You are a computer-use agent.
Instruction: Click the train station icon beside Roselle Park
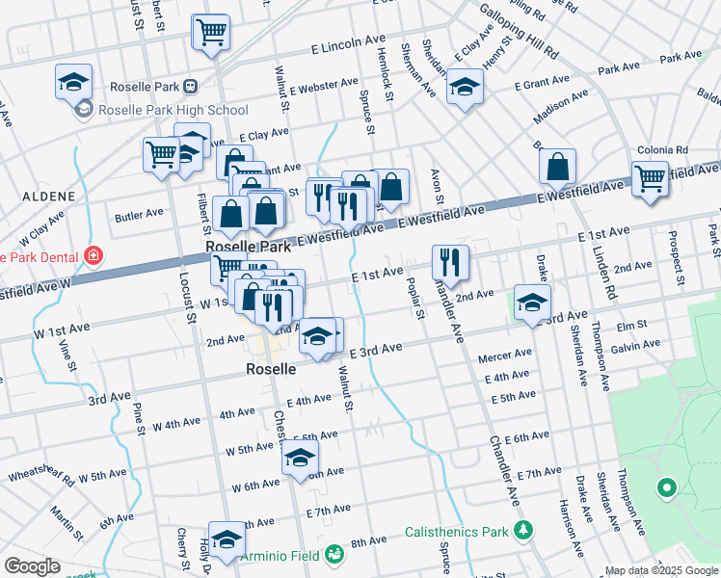point(191,86)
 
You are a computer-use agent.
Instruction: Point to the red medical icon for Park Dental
point(93,256)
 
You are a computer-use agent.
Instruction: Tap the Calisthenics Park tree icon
point(523,531)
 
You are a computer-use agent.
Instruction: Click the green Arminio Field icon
point(334,554)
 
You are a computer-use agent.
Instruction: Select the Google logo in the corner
point(32,566)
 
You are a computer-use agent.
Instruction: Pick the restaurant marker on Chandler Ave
point(450,261)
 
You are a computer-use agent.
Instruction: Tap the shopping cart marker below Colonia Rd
point(651,178)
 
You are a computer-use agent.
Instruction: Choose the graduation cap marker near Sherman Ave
point(465,89)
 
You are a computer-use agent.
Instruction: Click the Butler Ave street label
point(139,215)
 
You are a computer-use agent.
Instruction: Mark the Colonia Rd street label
point(662,150)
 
